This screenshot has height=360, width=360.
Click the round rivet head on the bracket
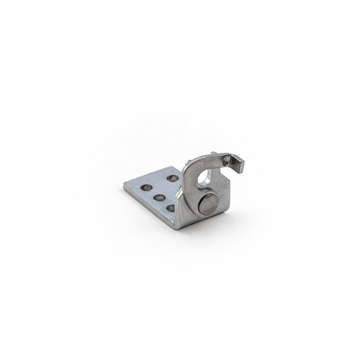pos(209,204)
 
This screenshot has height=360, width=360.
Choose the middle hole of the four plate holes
pos(160,197)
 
